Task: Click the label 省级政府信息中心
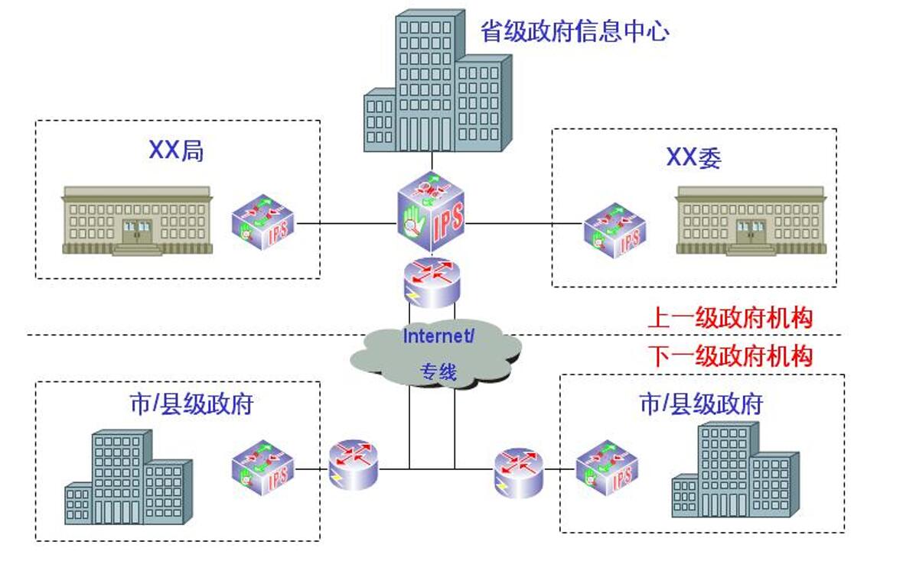tap(575, 31)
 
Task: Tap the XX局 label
tap(176, 151)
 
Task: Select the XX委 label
tap(693, 157)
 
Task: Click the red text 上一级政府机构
tap(729, 317)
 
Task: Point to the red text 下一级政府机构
tap(729, 355)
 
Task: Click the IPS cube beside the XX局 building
tap(262, 223)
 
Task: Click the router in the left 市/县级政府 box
tap(353, 464)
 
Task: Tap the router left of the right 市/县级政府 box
tap(518, 472)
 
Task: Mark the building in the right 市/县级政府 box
tap(735, 470)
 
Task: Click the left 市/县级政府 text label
tap(191, 404)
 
